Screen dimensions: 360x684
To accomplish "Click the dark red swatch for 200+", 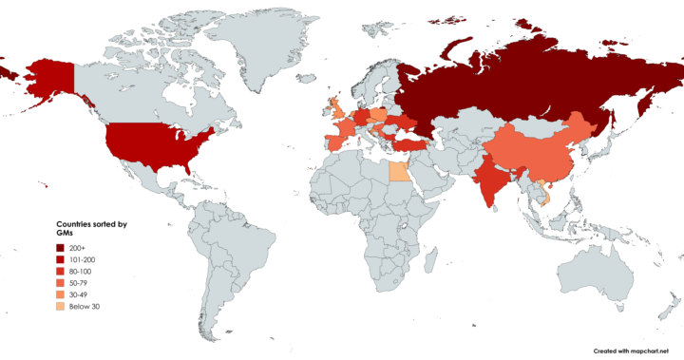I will (x=60, y=247).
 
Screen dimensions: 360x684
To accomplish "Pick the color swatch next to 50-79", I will (x=60, y=283).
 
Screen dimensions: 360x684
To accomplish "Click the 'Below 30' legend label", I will (x=85, y=307).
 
